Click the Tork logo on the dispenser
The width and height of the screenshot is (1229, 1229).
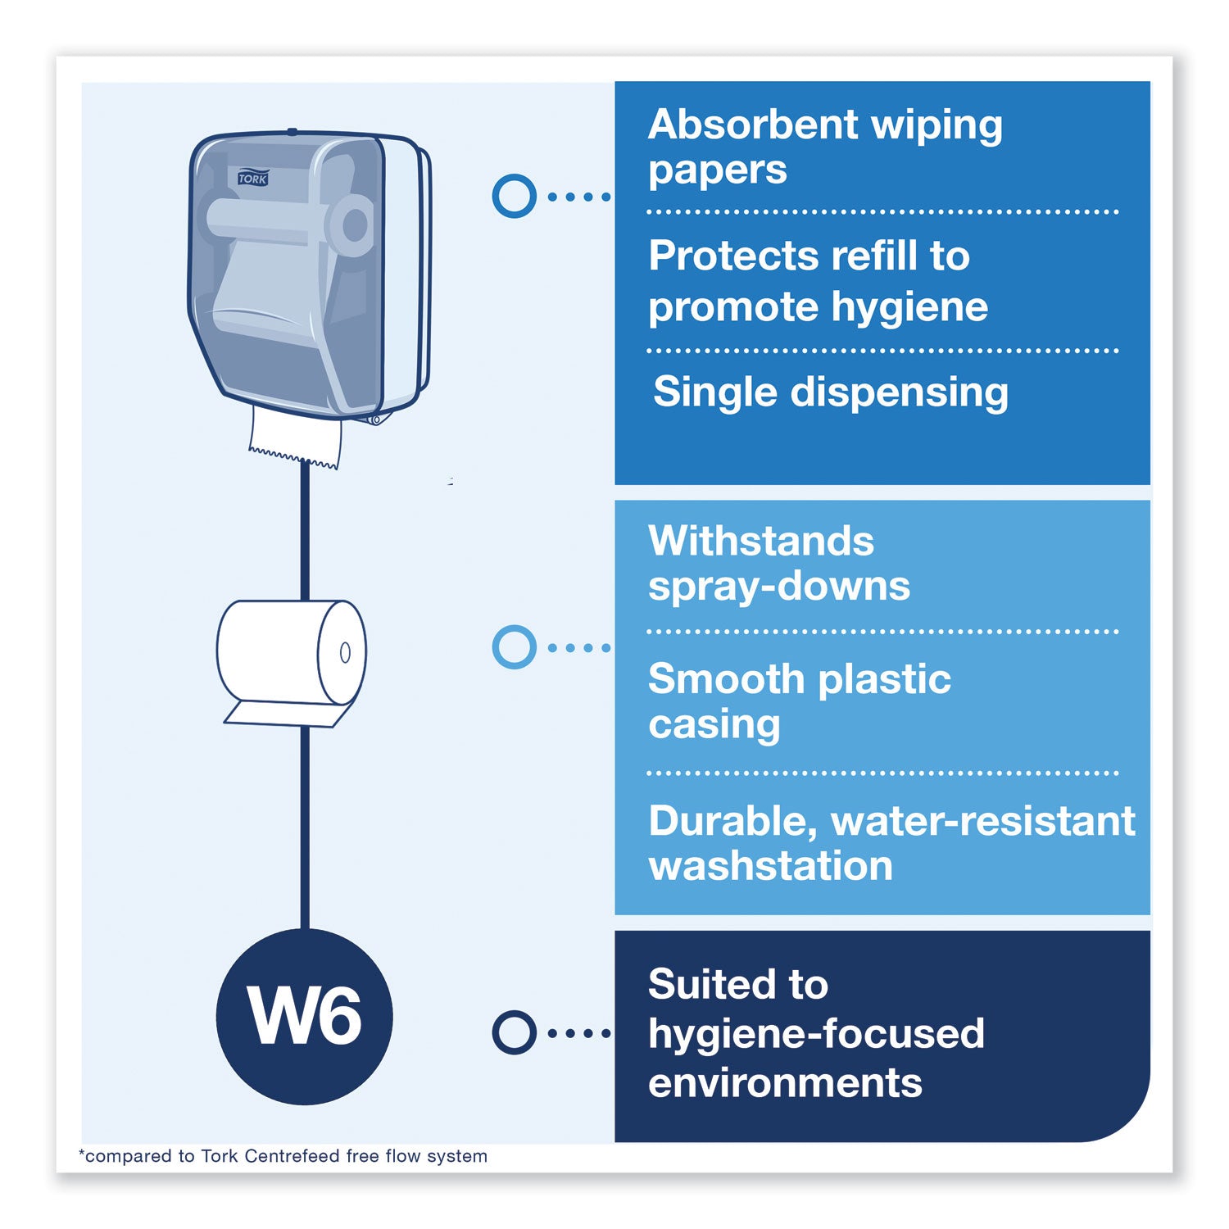click(253, 179)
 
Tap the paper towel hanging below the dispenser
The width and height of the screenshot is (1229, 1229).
click(295, 438)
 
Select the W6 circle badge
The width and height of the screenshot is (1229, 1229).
click(305, 1016)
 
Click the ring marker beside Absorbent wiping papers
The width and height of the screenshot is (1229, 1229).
click(514, 197)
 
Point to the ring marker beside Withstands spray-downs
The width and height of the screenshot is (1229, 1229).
click(514, 647)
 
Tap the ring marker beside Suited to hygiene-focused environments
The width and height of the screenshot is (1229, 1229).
click(514, 1032)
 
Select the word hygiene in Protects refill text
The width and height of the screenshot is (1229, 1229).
click(909, 308)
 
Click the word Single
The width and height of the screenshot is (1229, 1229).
click(714, 392)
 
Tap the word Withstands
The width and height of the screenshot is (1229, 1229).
click(761, 542)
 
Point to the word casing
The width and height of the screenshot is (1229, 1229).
click(714, 725)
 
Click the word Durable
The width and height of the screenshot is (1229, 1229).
click(732, 821)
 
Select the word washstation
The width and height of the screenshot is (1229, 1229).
click(770, 866)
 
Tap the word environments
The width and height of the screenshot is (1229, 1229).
click(785, 1083)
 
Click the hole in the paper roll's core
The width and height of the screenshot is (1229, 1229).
click(345, 652)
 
